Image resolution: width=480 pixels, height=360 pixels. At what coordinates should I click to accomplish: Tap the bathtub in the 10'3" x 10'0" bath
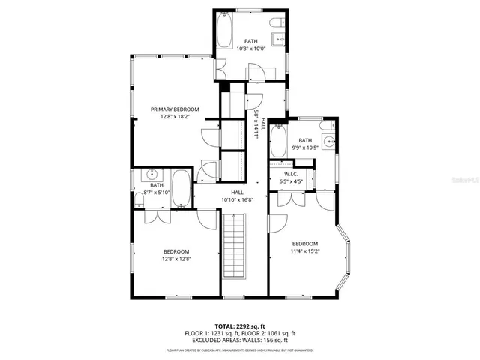click(226, 31)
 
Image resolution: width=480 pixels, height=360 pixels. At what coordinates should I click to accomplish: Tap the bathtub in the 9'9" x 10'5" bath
click(277, 141)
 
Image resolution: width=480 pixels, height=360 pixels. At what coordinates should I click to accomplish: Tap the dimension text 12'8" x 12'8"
click(176, 259)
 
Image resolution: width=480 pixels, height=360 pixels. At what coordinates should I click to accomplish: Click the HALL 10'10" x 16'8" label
click(237, 196)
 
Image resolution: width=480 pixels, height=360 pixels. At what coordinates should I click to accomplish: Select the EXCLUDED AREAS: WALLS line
click(240, 339)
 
